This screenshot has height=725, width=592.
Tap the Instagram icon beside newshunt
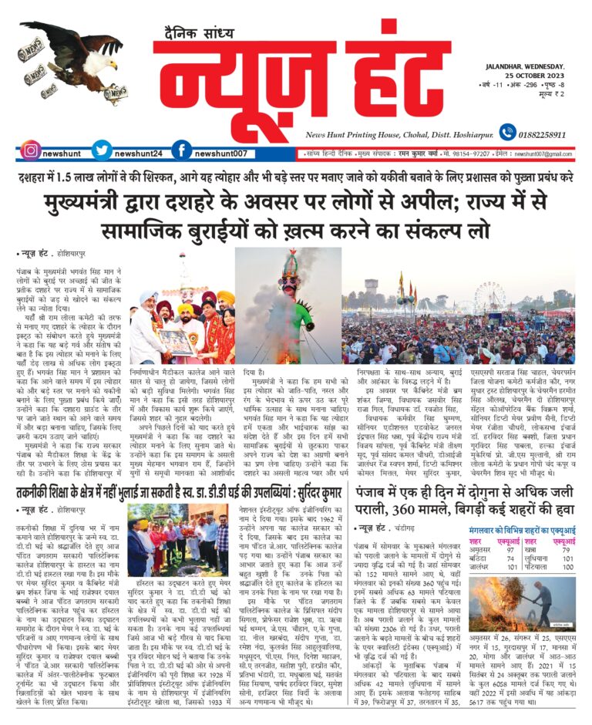coord(31,151)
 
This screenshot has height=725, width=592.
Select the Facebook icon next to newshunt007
coord(180,151)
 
